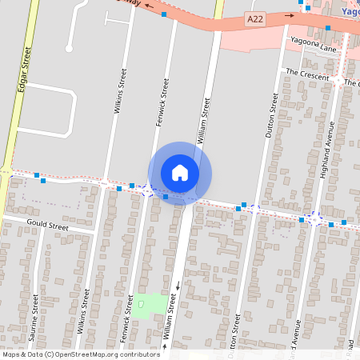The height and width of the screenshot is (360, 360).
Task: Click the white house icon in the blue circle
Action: (180, 173)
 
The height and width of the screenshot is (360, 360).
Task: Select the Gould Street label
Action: (48, 225)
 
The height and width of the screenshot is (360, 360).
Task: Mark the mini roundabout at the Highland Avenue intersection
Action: (316, 217)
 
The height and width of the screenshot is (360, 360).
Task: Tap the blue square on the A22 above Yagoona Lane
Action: (328, 28)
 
